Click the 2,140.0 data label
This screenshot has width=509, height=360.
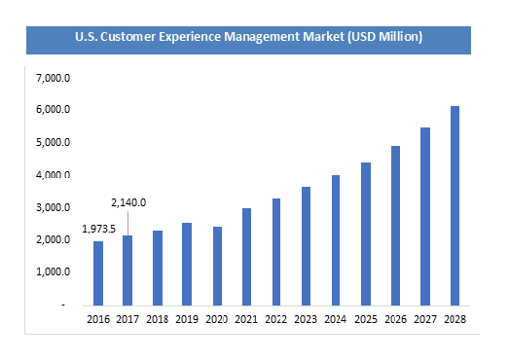click(x=128, y=202)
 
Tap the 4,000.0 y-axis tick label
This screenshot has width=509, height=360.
click(x=52, y=175)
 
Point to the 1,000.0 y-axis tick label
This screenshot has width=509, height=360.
click(x=52, y=272)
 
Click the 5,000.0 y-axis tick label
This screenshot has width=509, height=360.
click(x=52, y=142)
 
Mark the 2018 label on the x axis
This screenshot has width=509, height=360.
click(x=158, y=318)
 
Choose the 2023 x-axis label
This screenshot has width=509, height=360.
click(x=306, y=318)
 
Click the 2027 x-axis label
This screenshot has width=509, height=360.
click(x=424, y=318)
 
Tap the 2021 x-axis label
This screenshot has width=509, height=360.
click(x=246, y=318)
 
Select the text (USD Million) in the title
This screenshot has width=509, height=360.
click(x=388, y=38)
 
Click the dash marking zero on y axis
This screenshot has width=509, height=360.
click(x=63, y=306)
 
